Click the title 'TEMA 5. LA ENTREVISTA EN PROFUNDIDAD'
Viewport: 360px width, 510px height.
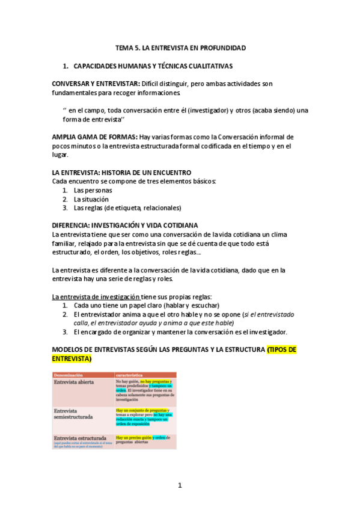pyautogui.click(x=180, y=48)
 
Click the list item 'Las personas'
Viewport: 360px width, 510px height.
pyautogui.click(x=93, y=190)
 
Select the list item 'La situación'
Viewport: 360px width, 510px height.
pyautogui.click(x=91, y=199)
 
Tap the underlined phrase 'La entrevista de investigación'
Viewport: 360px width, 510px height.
pyautogui.click(x=96, y=296)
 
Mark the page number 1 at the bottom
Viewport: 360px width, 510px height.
pyautogui.click(x=179, y=485)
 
